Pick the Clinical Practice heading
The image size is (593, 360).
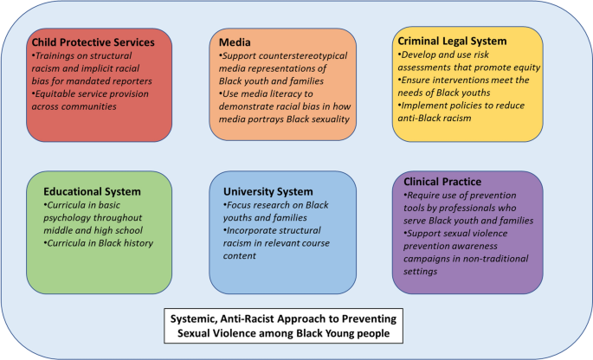click(x=443, y=182)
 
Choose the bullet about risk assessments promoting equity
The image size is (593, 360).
click(x=467, y=61)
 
